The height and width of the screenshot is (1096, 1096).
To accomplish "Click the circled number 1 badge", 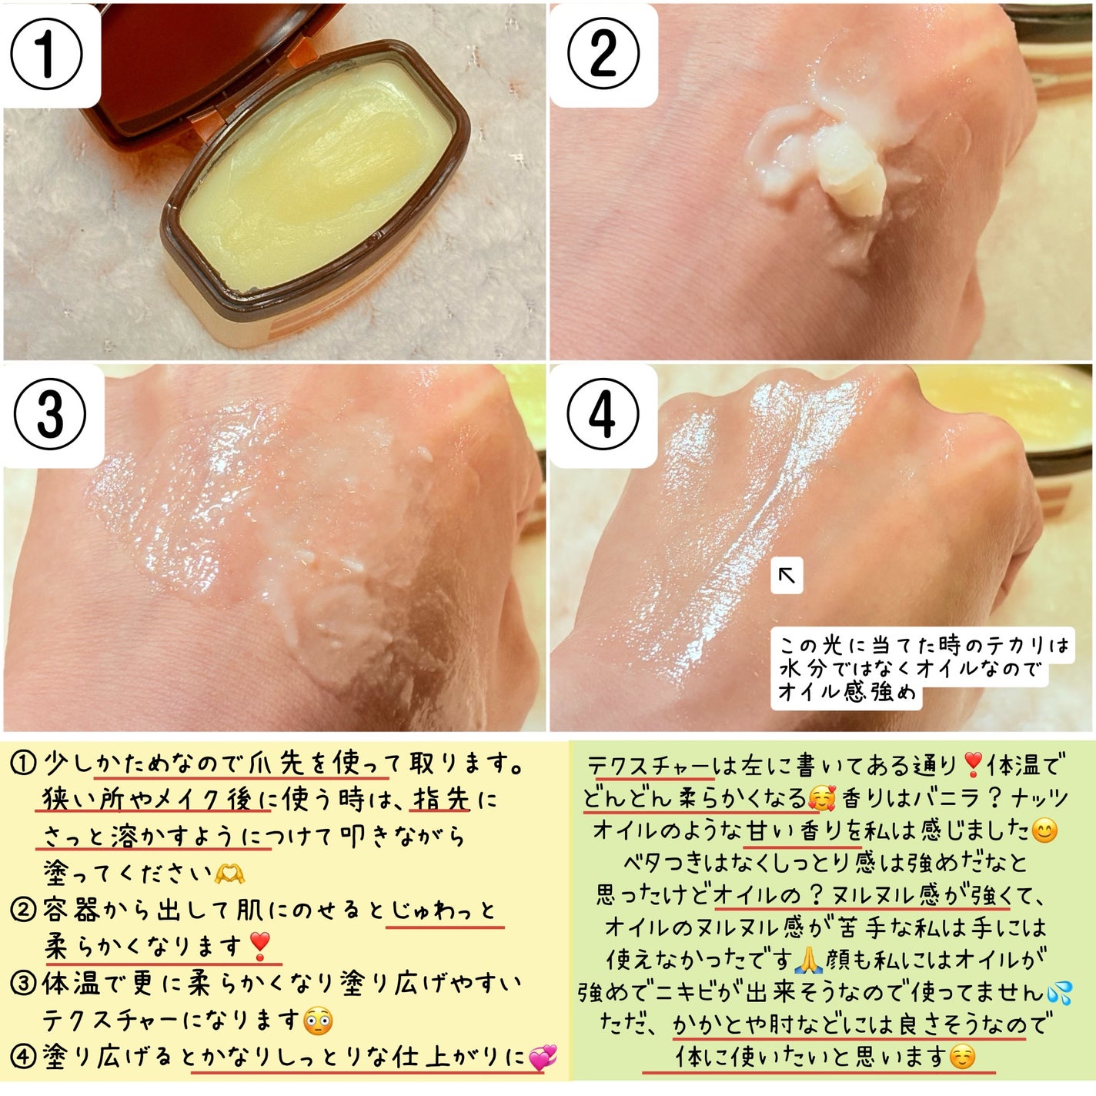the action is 47,55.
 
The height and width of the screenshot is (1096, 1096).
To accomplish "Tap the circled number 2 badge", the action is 603,55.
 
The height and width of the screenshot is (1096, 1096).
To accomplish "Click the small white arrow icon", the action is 787,576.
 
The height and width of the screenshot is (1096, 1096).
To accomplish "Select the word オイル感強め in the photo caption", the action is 847,692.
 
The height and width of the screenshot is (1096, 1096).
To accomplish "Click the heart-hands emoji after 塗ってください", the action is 229,873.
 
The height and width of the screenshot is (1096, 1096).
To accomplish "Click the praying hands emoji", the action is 808,959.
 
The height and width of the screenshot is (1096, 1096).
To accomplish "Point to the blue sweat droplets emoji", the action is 1058,992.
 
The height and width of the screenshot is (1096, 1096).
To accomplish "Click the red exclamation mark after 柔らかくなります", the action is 260,947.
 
